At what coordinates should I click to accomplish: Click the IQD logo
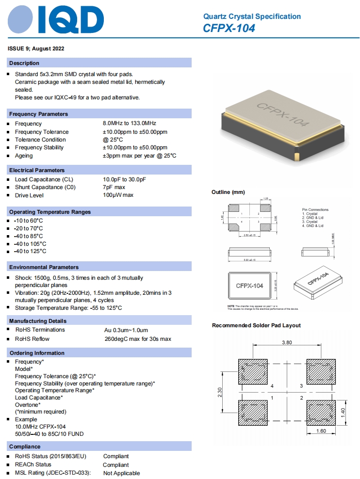[56, 20]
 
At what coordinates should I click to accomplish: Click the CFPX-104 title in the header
[229, 29]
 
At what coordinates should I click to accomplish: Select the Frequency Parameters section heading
[39, 114]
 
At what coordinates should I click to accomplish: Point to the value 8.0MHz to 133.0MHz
[129, 124]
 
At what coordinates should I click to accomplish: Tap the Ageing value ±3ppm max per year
[139, 156]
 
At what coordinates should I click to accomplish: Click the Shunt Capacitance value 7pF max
[114, 187]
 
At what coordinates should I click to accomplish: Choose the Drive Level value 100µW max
[118, 195]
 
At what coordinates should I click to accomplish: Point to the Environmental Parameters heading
[44, 267]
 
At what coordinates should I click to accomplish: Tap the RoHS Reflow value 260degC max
[138, 339]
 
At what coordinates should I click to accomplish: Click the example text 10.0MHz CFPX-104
[40, 427]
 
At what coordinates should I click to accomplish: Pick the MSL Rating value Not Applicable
[121, 473]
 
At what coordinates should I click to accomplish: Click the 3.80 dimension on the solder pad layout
[287, 342]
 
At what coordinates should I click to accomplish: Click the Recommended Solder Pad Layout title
[256, 325]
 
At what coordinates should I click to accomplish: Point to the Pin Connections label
[315, 209]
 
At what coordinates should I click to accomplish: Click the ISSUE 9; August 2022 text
[36, 49]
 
